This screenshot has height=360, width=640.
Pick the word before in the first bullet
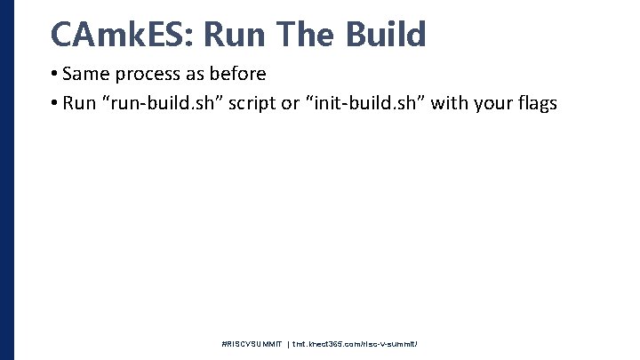pyautogui.click(x=239, y=74)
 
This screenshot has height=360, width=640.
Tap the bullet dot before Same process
pyautogui.click(x=55, y=75)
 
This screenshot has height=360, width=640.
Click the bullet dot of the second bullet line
pyautogui.click(x=55, y=104)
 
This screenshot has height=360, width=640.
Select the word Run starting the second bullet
pyautogui.click(x=80, y=103)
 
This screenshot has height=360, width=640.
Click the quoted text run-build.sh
pyautogui.click(x=167, y=103)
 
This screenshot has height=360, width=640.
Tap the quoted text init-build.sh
pyautogui.click(x=371, y=103)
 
